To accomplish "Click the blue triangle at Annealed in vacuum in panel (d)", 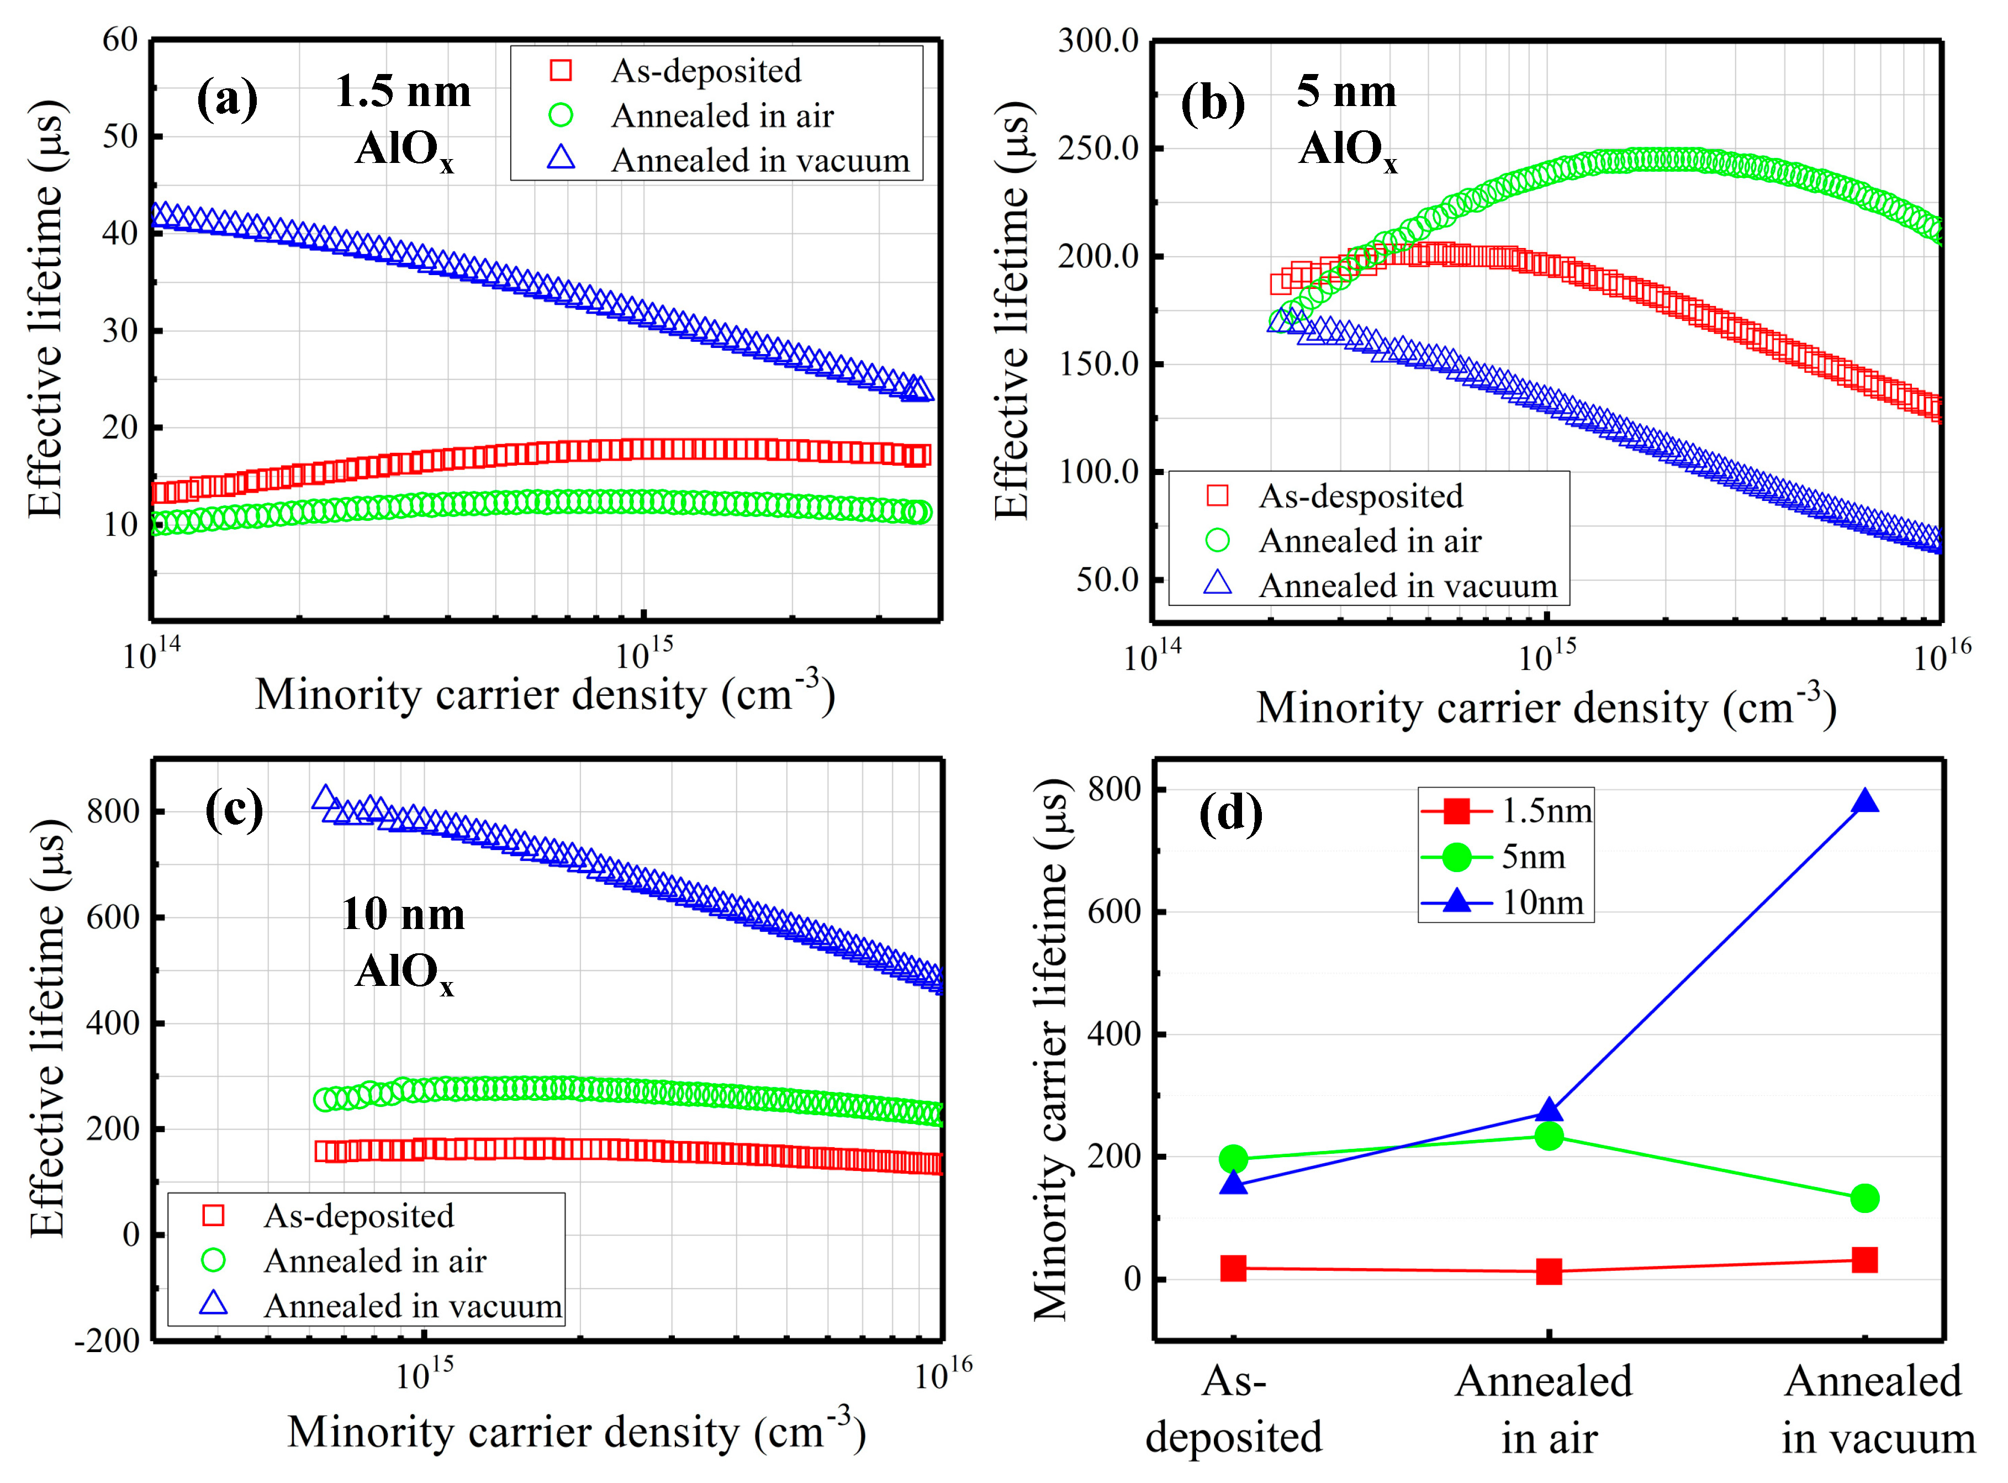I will click(x=1864, y=801).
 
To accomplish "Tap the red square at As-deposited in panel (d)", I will click(x=1233, y=1269).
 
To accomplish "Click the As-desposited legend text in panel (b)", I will click(x=1360, y=495).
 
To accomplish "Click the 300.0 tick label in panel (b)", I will click(x=1098, y=40).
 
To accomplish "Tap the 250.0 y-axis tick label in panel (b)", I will click(x=1098, y=148).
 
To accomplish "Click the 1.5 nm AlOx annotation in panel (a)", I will click(x=403, y=120).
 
